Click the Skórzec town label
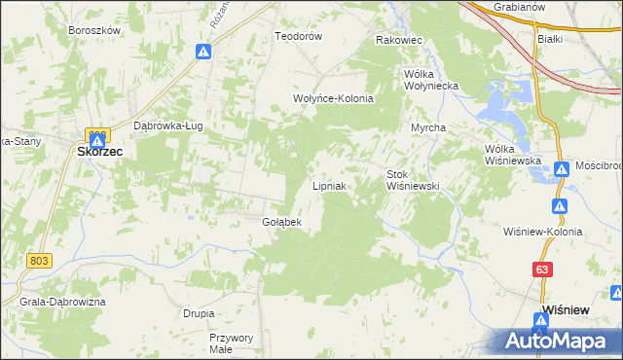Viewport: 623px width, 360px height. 99,151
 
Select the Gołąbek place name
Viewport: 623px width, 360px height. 282,222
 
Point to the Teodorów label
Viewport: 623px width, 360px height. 298,36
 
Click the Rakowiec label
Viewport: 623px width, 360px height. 398,41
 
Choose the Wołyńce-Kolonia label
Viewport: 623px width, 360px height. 334,98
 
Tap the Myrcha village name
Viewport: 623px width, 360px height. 427,127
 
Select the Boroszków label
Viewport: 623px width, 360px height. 94,30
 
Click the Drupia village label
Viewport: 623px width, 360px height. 199,313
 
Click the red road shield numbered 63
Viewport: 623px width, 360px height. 541,269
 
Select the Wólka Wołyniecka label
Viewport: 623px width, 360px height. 431,80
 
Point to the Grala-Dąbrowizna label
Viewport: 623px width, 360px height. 61,302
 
